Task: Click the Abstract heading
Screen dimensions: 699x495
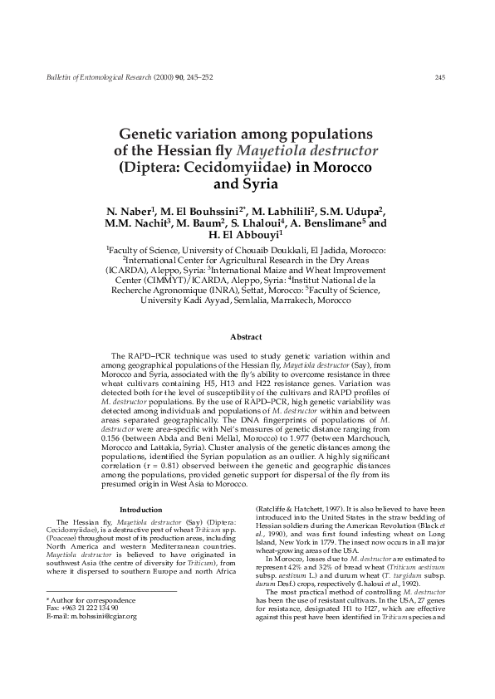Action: point(246,337)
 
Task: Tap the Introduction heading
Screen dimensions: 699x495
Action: point(141,510)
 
